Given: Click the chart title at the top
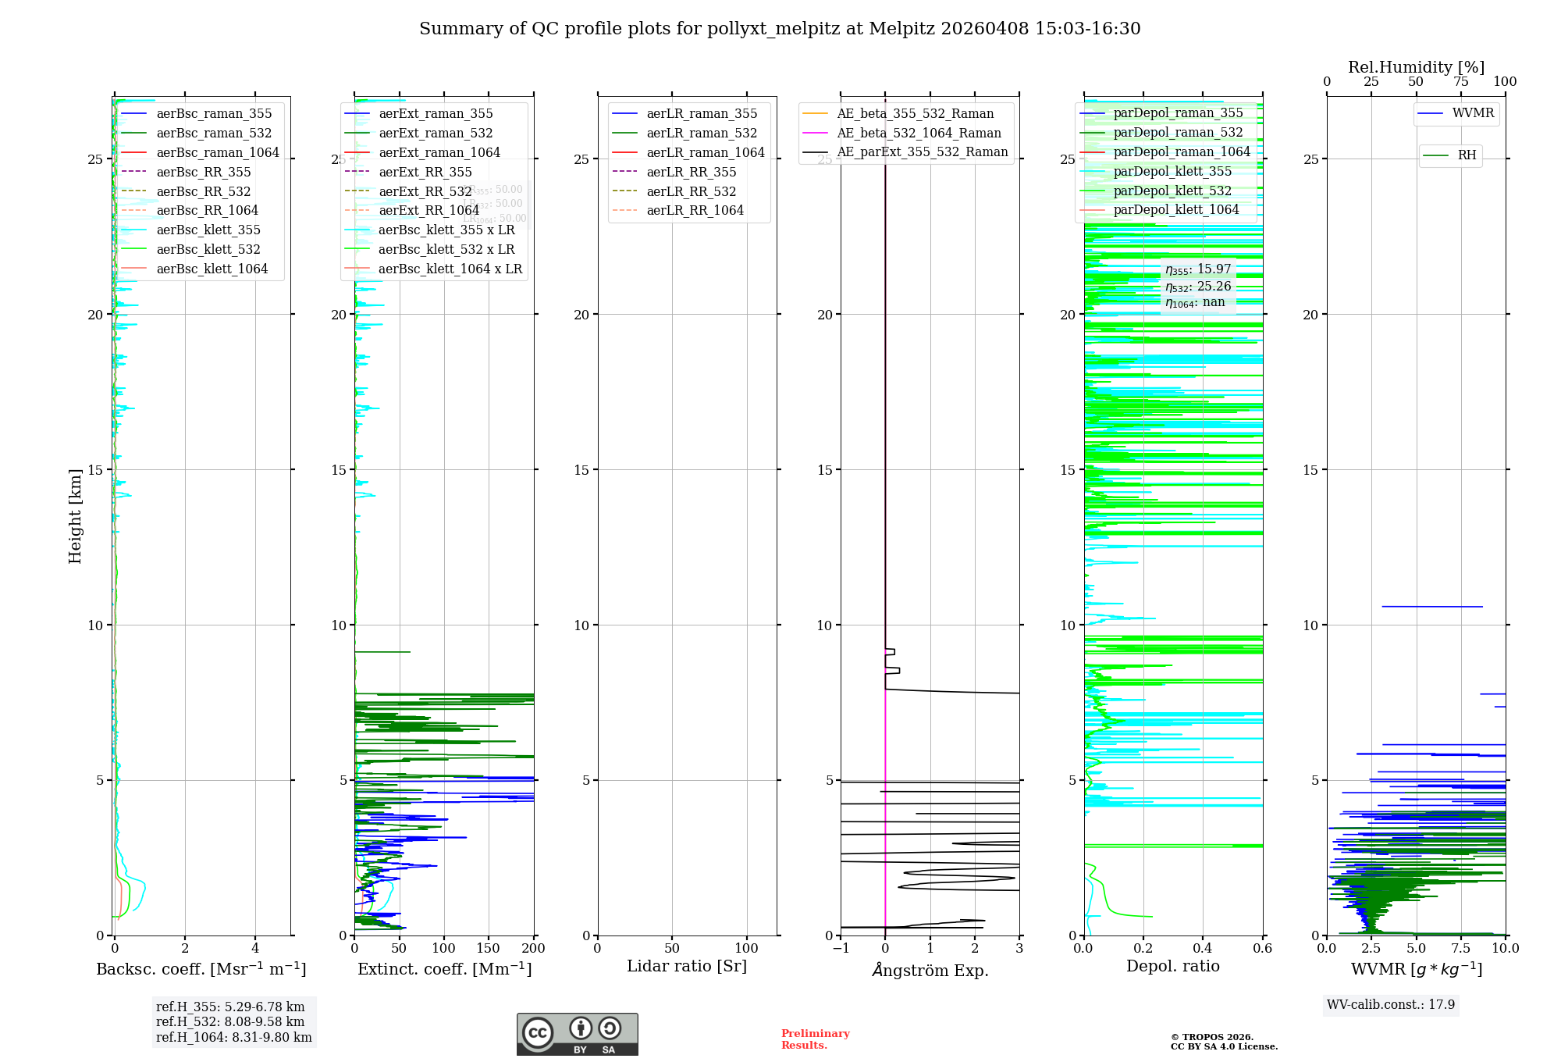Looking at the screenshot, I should click(780, 29).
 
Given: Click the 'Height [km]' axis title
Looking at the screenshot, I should click(75, 515).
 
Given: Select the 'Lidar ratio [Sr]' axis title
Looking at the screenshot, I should click(687, 966).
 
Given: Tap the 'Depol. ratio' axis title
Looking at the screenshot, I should click(1172, 966).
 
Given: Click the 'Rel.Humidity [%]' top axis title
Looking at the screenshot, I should click(1416, 67).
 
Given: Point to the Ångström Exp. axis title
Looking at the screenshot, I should click(930, 970).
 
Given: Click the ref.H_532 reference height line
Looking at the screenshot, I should click(230, 1021).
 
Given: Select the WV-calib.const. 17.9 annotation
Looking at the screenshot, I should click(1391, 1004).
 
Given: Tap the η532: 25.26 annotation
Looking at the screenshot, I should click(1198, 286).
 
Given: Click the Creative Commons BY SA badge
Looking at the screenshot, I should click(577, 1034).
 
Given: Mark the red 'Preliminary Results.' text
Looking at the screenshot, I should click(815, 1039).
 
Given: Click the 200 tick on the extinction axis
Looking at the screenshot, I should click(534, 948).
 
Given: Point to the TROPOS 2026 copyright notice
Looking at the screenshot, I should click(1223, 1042).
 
